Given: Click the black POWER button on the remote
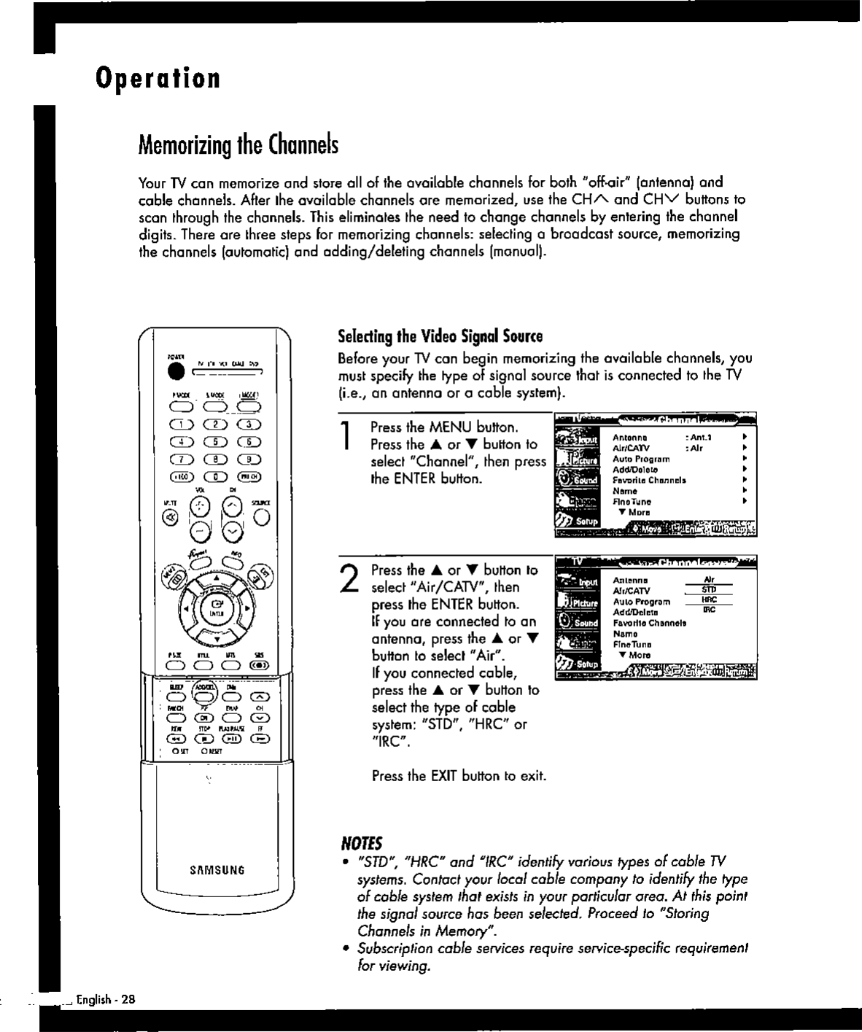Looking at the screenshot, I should (x=175, y=370).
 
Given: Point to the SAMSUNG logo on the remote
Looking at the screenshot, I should (x=217, y=869).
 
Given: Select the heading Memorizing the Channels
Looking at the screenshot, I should (x=238, y=146).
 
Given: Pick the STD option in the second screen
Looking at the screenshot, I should (x=707, y=589).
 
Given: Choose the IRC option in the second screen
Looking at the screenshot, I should (x=707, y=609).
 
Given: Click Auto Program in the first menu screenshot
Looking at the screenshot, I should (x=641, y=459).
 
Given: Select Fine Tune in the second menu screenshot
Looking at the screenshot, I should (x=632, y=645).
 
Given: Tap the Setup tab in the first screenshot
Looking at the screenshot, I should (x=578, y=521).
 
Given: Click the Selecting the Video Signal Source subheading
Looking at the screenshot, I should (x=440, y=337).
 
